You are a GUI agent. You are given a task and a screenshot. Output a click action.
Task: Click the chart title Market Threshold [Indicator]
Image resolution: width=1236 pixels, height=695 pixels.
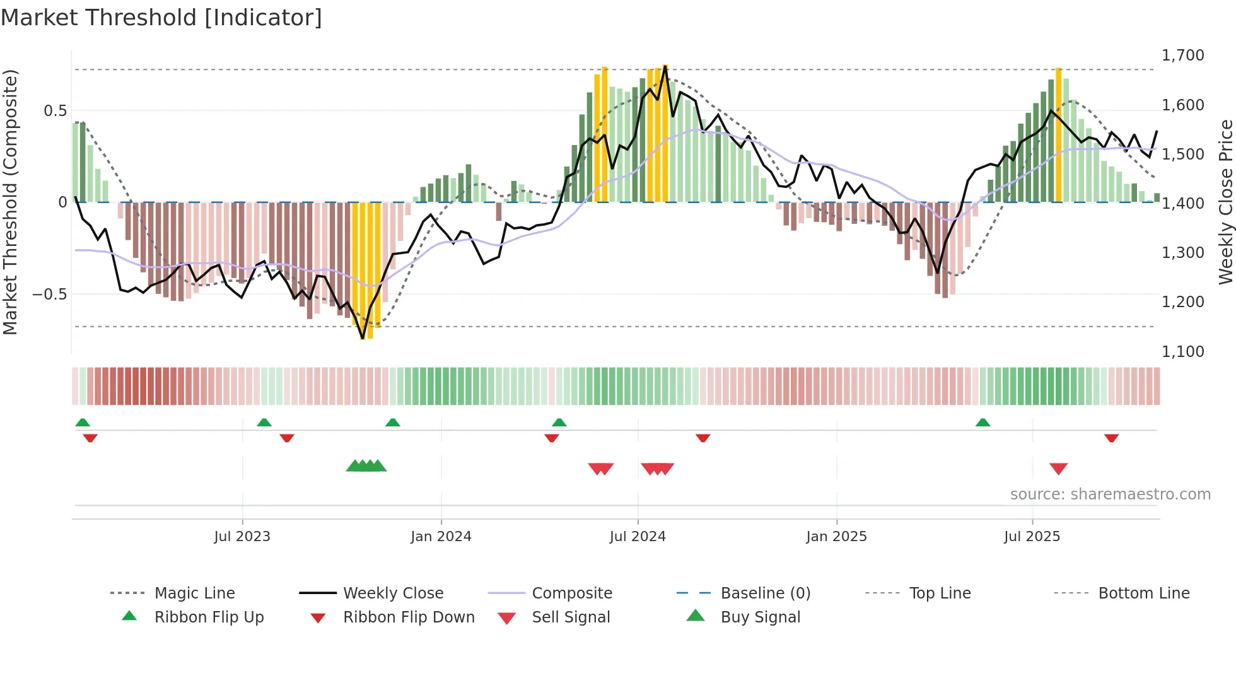point(161,18)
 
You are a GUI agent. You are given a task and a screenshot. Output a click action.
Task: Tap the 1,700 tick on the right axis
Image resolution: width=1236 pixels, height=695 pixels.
point(1182,55)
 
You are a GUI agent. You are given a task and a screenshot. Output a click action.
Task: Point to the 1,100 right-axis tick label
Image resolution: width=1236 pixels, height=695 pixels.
point(1182,351)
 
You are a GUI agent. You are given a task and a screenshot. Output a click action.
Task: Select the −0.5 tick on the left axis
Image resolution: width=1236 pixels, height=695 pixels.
point(50,295)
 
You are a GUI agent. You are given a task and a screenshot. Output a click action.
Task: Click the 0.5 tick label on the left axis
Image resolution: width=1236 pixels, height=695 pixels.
point(55,111)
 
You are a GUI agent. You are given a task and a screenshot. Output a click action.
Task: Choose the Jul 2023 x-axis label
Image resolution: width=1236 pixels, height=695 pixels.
point(242,537)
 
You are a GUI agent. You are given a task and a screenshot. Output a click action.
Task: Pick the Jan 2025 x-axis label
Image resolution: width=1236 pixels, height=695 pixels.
point(836,537)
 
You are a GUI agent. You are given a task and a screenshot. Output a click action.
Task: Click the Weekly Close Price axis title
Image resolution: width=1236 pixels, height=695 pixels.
point(1225,202)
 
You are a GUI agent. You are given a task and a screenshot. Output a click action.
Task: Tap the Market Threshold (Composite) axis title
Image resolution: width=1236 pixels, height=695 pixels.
point(10,202)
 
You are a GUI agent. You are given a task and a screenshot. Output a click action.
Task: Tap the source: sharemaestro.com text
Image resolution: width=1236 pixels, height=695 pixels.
point(1110,494)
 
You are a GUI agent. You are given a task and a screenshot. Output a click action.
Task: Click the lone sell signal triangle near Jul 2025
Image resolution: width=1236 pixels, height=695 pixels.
point(1058,469)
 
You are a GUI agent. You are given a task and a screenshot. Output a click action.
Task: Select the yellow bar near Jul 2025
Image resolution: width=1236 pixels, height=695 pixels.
point(1059,134)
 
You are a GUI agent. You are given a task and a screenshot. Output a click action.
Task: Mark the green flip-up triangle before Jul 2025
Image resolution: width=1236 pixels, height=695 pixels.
point(982,423)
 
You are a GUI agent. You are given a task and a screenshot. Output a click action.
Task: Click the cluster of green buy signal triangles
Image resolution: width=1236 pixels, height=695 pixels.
point(366,466)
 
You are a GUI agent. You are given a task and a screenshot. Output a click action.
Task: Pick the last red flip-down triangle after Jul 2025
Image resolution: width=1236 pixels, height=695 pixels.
point(1111,438)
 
